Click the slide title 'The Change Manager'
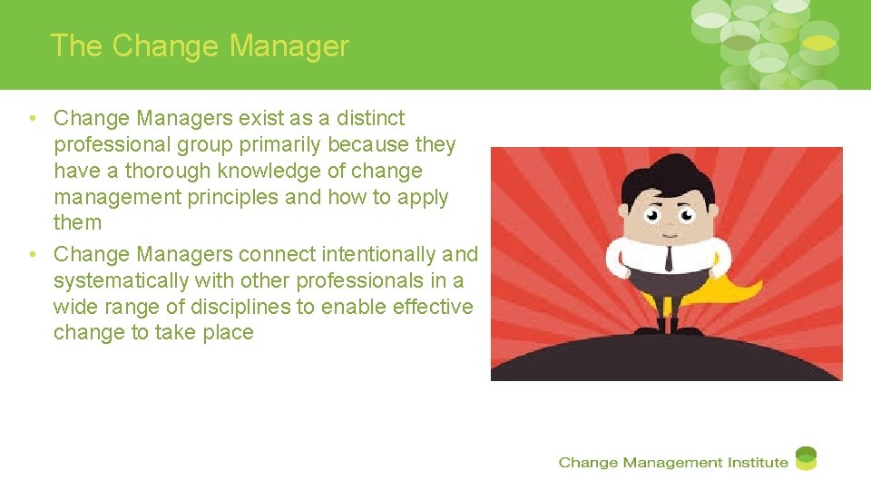200,46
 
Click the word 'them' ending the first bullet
77,222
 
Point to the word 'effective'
433,307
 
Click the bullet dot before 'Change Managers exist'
32,119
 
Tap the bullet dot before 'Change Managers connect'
32,255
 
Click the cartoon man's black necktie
668,257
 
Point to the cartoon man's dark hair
667,177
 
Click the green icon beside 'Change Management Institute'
806,458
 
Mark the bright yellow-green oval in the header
820,43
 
